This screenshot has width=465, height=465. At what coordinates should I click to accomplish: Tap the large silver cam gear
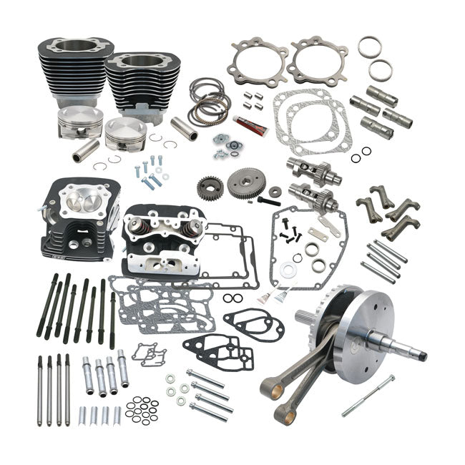pos(246,182)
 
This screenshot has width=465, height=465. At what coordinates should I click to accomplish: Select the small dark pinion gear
pos(210,188)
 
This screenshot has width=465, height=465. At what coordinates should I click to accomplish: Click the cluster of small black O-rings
pos(142,411)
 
